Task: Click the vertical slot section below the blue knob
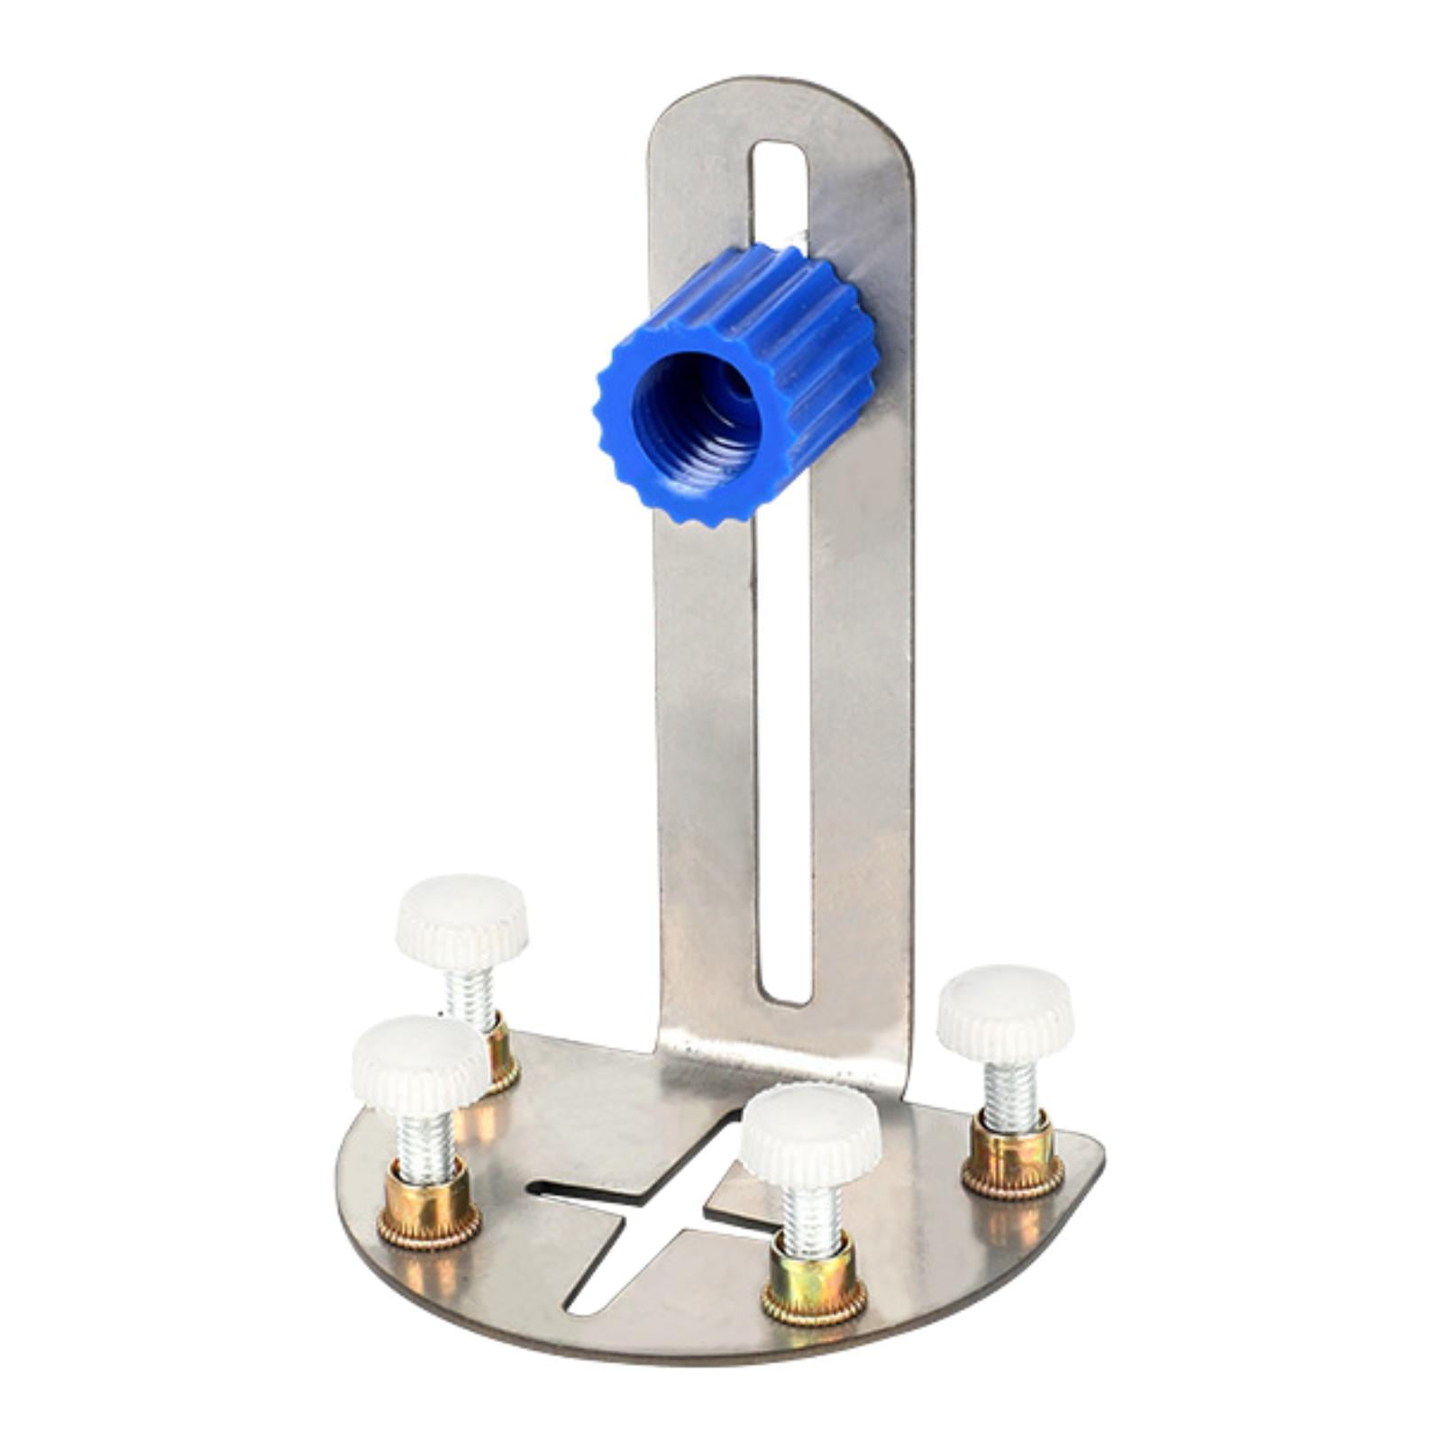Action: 784,766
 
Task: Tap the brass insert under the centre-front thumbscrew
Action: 813,1289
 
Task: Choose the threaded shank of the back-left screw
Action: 473,991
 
